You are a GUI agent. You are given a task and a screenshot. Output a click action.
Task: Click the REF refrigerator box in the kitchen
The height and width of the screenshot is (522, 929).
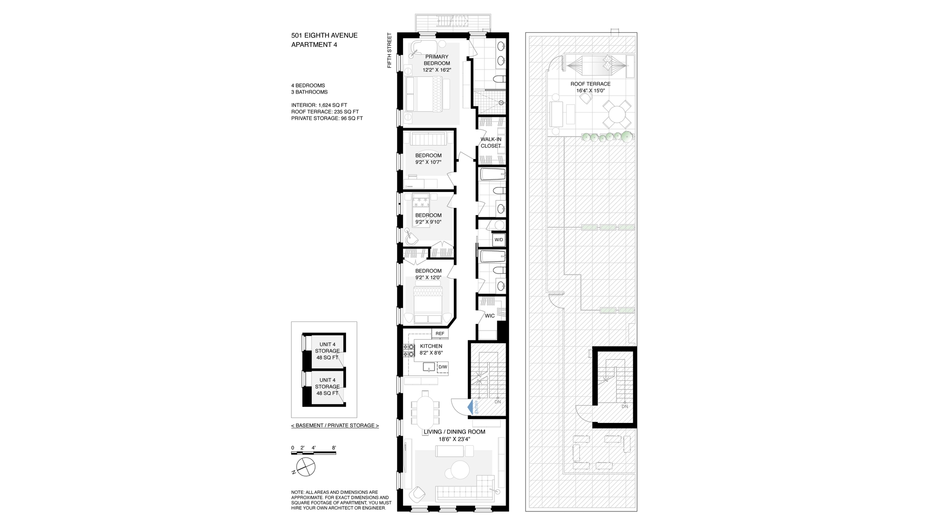coord(440,333)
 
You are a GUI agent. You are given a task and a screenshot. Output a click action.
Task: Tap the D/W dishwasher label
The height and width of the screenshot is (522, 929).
coord(442,367)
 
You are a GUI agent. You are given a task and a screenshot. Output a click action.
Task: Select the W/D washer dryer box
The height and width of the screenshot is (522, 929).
coord(498,240)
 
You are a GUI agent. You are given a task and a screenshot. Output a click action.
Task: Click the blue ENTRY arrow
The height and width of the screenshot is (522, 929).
coord(470,407)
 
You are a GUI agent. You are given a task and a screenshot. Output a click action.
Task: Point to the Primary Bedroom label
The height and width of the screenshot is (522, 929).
coord(436,60)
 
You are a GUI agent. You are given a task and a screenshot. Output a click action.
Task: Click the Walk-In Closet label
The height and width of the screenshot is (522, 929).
coord(491,143)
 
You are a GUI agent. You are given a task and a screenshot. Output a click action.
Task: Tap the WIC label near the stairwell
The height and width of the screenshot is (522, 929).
coord(490,316)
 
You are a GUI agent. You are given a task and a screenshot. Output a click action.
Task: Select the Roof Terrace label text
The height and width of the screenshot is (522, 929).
coord(590,84)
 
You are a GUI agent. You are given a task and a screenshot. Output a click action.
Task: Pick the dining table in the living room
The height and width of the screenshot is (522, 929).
coord(425,410)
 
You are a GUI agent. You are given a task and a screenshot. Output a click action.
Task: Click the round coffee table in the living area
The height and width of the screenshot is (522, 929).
coord(460,470)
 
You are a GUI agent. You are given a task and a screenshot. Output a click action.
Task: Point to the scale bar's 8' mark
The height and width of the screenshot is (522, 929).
coord(334,448)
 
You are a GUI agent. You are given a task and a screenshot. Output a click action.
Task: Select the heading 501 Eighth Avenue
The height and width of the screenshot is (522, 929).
coord(324,35)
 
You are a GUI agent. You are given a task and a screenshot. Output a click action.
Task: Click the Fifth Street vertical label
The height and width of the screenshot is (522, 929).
coord(389,50)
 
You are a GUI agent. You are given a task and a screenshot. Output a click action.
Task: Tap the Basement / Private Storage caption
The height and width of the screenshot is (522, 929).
coord(335,425)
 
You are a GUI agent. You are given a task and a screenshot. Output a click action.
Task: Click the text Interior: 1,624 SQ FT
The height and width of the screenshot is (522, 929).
coord(319,105)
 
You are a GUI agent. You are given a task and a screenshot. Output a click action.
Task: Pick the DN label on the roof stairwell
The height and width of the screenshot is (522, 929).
coord(625,406)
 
